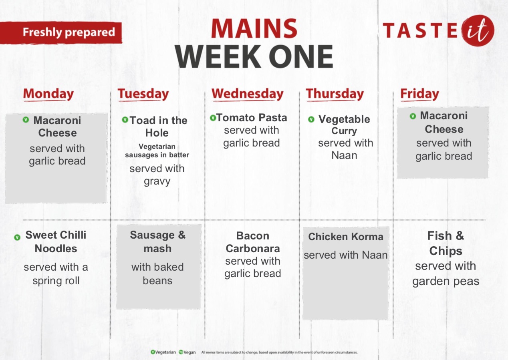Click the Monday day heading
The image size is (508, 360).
point(48,94)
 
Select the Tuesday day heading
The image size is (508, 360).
point(143,94)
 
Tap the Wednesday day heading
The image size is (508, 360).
point(248,94)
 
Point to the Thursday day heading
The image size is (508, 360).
point(335,94)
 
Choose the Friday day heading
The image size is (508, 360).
point(419,94)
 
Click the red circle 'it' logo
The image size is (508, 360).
point(478,30)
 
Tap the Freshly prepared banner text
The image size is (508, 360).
point(69,32)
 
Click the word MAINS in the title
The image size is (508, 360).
point(254,28)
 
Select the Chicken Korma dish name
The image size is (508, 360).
point(346,237)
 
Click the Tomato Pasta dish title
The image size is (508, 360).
point(252,118)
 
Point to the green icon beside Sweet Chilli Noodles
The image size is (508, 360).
point(17,237)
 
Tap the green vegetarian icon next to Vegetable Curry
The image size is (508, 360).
point(311,119)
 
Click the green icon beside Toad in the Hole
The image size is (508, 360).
point(125,119)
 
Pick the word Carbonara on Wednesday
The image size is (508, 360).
point(253,249)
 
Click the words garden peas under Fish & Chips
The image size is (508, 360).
point(446,282)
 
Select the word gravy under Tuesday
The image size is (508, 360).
point(157,181)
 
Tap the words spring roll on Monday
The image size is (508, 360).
point(56,281)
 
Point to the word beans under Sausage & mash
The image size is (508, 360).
point(157,281)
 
